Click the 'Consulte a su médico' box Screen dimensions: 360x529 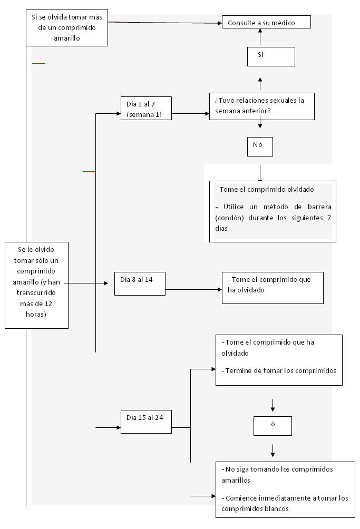pos(266,22)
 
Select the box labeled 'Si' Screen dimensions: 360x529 pos(271,56)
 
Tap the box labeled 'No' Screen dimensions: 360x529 pos(260,146)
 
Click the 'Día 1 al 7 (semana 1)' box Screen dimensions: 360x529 pos(146,109)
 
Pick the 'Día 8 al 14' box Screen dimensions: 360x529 pos(140,283)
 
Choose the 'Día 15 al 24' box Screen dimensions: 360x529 pos(146,422)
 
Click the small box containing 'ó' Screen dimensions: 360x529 pos(273,426)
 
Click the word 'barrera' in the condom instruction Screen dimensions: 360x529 pos(319,207)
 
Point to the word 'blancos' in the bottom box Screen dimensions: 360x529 pos(276,509)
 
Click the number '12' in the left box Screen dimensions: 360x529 pos(48,303)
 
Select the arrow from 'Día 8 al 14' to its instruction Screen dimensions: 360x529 pos(193,289)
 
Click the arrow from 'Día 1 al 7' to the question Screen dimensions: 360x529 pos(190,114)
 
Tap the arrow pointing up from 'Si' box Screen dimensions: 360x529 pos(260,36)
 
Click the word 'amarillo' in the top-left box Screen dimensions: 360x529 pos(67,38)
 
